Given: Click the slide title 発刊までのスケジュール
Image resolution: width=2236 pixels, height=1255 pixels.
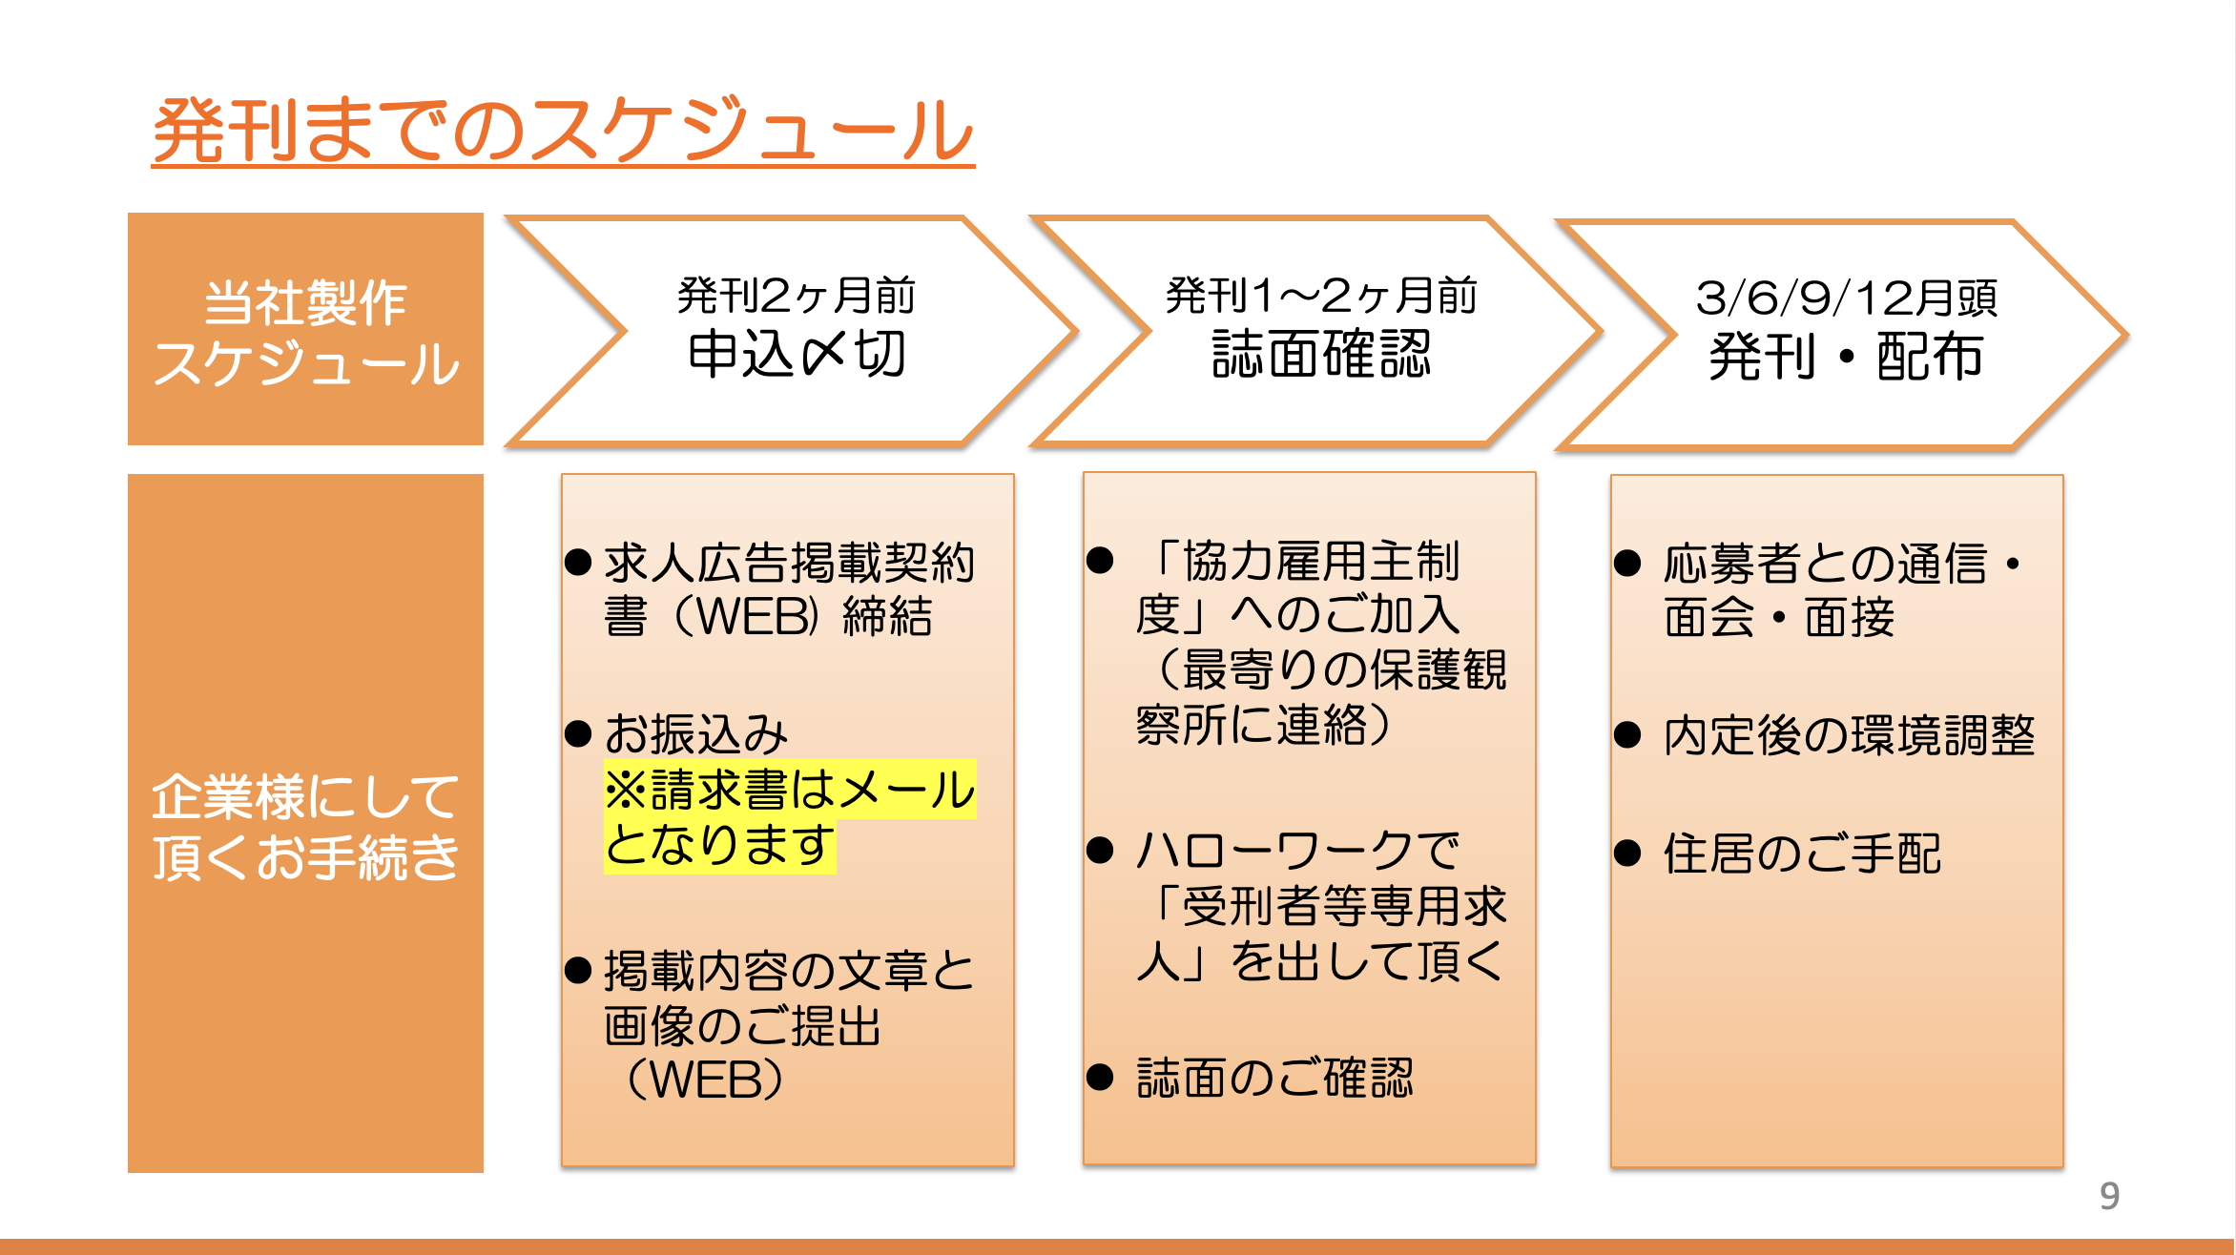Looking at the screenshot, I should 563,130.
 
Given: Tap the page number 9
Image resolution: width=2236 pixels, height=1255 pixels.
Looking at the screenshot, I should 2109,1196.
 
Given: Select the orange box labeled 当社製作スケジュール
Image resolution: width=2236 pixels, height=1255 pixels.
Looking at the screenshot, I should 305,329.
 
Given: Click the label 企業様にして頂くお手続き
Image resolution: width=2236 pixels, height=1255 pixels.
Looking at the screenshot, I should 305,825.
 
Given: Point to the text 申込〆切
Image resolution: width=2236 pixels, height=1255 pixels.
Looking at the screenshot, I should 797,355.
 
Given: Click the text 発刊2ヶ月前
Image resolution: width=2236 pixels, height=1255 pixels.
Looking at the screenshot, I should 797,296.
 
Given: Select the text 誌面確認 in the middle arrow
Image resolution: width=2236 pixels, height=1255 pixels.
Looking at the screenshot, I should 1321,355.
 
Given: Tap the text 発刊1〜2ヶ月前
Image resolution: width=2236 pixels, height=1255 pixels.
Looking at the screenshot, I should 1321,296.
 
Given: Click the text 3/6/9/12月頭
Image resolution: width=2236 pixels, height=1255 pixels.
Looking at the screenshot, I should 1846,298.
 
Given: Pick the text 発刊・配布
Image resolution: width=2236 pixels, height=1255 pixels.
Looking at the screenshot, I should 1846,358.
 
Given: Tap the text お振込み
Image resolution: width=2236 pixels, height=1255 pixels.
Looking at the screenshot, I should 696,734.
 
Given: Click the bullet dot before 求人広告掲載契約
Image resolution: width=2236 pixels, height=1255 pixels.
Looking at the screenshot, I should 578,563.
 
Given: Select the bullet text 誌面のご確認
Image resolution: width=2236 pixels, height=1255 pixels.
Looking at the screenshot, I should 1274,1078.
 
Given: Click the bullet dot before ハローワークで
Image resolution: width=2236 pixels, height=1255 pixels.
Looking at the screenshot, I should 1100,850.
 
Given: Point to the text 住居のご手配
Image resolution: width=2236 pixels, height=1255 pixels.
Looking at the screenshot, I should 1802,854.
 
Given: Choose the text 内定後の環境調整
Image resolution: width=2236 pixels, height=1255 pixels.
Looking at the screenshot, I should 1849,735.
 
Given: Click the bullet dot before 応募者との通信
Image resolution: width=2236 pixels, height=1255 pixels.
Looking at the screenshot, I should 1626,563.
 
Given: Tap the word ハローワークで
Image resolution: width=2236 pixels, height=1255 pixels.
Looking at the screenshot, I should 1297,850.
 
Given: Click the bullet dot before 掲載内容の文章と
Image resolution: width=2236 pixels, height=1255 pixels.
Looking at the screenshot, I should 578,971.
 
